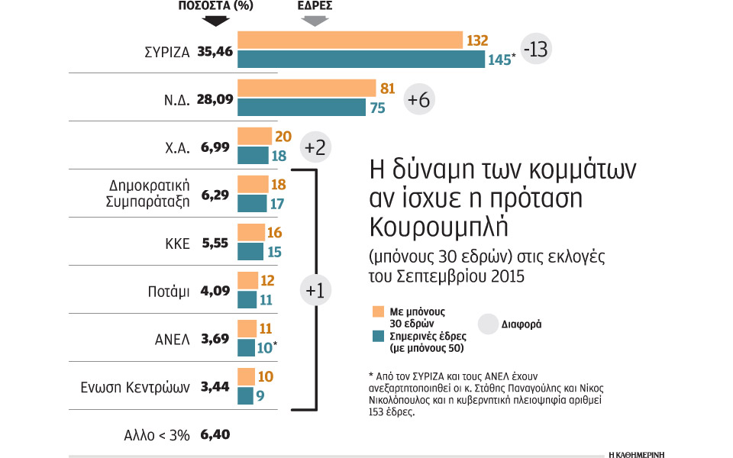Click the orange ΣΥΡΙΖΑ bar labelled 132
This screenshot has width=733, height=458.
tap(350, 40)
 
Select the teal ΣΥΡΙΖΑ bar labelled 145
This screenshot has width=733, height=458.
tap(361, 59)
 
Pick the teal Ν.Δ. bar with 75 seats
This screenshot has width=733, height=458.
tap(302, 108)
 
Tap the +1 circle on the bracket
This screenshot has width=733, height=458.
tap(315, 290)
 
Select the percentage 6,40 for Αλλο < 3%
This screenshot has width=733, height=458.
tap(215, 434)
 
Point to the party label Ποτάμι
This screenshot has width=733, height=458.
tap(168, 292)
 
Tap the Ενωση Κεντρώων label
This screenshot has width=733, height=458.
tap(135, 387)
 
